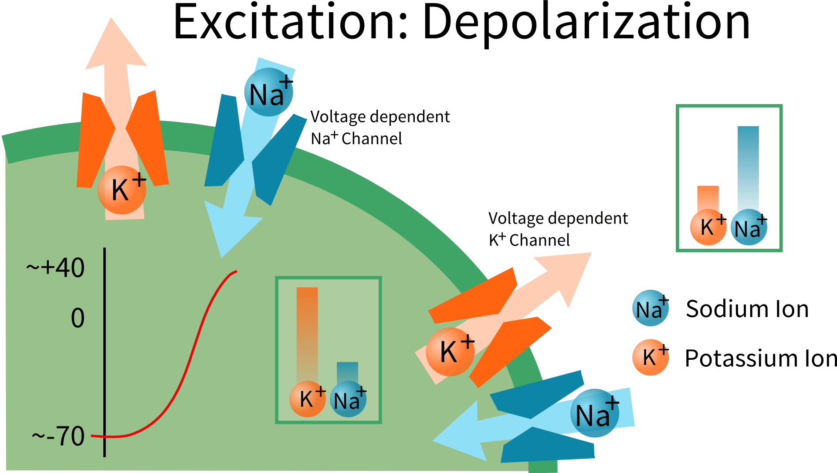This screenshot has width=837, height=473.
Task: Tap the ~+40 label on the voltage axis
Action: (x=56, y=267)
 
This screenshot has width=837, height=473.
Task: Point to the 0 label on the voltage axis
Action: (x=78, y=318)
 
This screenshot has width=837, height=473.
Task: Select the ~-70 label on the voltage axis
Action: (x=59, y=436)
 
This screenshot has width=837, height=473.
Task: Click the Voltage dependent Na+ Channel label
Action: (x=380, y=128)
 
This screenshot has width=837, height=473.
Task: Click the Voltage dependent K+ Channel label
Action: (x=558, y=229)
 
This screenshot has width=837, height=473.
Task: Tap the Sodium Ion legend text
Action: (x=747, y=309)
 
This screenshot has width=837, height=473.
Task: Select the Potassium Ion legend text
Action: (x=760, y=358)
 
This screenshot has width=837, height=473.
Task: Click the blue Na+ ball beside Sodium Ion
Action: (x=651, y=308)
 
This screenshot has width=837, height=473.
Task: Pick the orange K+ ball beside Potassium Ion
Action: (x=650, y=358)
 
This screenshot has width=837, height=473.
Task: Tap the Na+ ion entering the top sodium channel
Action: (x=268, y=92)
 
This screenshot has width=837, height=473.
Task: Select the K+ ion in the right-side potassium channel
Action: (x=450, y=351)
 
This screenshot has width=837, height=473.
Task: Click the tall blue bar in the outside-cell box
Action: (x=748, y=168)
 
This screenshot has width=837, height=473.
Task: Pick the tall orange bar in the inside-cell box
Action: (x=307, y=333)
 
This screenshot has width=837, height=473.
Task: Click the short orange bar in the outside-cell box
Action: (x=708, y=198)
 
